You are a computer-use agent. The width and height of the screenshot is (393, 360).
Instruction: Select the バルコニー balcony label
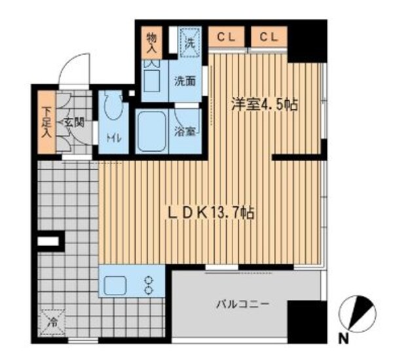click(243, 304)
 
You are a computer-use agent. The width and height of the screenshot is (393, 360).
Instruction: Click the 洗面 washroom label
click(185, 81)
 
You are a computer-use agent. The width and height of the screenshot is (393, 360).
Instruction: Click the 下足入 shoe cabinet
click(47, 122)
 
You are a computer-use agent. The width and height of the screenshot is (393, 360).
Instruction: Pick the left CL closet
click(227, 37)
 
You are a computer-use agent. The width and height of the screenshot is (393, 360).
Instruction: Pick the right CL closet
click(267, 37)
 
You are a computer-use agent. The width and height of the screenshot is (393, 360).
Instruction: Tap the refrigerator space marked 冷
click(52, 322)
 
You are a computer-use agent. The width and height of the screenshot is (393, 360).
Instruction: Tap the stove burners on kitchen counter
click(149, 283)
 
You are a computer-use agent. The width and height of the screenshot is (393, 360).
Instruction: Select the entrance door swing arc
click(73, 69)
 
